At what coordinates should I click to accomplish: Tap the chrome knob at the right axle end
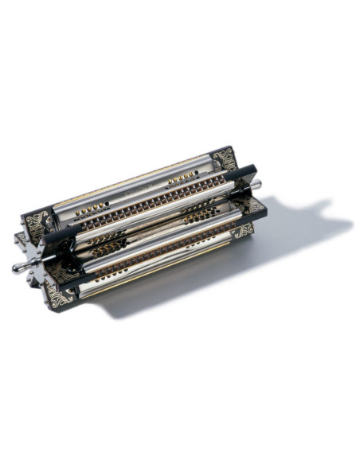(256, 185)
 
